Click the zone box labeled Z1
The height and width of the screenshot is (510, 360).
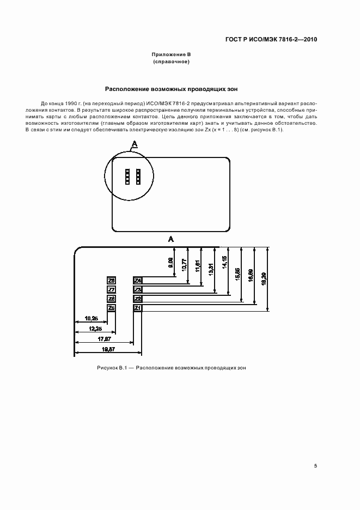click(x=138, y=308)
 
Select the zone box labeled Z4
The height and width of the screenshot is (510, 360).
click(x=138, y=281)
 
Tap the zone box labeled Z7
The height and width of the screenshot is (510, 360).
click(x=111, y=290)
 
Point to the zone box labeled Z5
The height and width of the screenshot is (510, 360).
click(x=111, y=308)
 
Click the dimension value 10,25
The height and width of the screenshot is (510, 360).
click(x=91, y=318)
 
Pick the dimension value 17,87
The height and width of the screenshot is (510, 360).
click(x=105, y=339)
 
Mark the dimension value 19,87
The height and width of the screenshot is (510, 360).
click(x=109, y=349)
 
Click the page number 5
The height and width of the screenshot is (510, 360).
click(x=315, y=466)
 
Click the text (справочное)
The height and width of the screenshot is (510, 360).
click(x=171, y=62)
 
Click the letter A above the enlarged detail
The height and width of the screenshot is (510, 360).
click(x=171, y=239)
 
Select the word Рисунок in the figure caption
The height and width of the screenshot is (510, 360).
click(x=107, y=368)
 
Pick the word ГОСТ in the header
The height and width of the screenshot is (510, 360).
click(x=234, y=40)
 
